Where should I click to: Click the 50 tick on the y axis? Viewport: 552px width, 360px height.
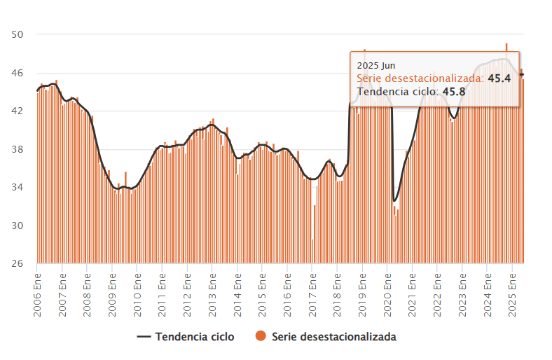point(18,35)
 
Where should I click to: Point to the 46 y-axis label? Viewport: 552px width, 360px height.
point(18,73)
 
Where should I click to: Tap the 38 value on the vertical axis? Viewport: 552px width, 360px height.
point(18,149)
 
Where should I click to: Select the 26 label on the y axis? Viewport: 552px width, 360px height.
point(18,263)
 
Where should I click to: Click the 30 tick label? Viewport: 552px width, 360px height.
point(18,226)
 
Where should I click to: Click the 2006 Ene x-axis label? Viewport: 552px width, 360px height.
point(38,293)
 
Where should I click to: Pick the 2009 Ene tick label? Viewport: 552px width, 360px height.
point(113,293)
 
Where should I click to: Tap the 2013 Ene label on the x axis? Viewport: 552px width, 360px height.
point(213,293)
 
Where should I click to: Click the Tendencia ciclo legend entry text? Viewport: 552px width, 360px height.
point(195,337)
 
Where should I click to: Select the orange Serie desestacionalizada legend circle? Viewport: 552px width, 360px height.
point(260,337)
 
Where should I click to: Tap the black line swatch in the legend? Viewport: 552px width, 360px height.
point(143,337)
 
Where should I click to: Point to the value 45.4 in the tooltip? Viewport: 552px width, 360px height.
point(499,78)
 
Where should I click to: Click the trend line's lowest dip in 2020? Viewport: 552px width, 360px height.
point(395,201)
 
